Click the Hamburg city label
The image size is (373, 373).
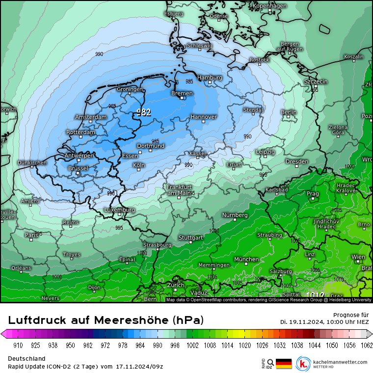(210, 78)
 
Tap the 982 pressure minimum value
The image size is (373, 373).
(143, 112)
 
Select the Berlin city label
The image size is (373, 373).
(289, 112)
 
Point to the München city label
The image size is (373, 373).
(246, 259)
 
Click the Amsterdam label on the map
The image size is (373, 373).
(91, 117)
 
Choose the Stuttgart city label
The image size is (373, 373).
(190, 238)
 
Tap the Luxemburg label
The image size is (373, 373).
(119, 210)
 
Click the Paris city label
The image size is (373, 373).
(32, 235)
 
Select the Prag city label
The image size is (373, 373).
(313, 193)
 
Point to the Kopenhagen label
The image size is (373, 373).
(269, 6)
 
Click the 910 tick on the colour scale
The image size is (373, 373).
(19, 345)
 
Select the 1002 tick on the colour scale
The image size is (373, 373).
(191, 345)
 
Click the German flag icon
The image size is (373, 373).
(283, 364)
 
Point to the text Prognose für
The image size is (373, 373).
(350, 315)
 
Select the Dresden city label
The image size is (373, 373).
(296, 161)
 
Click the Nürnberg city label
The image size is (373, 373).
(235, 215)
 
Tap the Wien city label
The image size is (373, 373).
(358, 257)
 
